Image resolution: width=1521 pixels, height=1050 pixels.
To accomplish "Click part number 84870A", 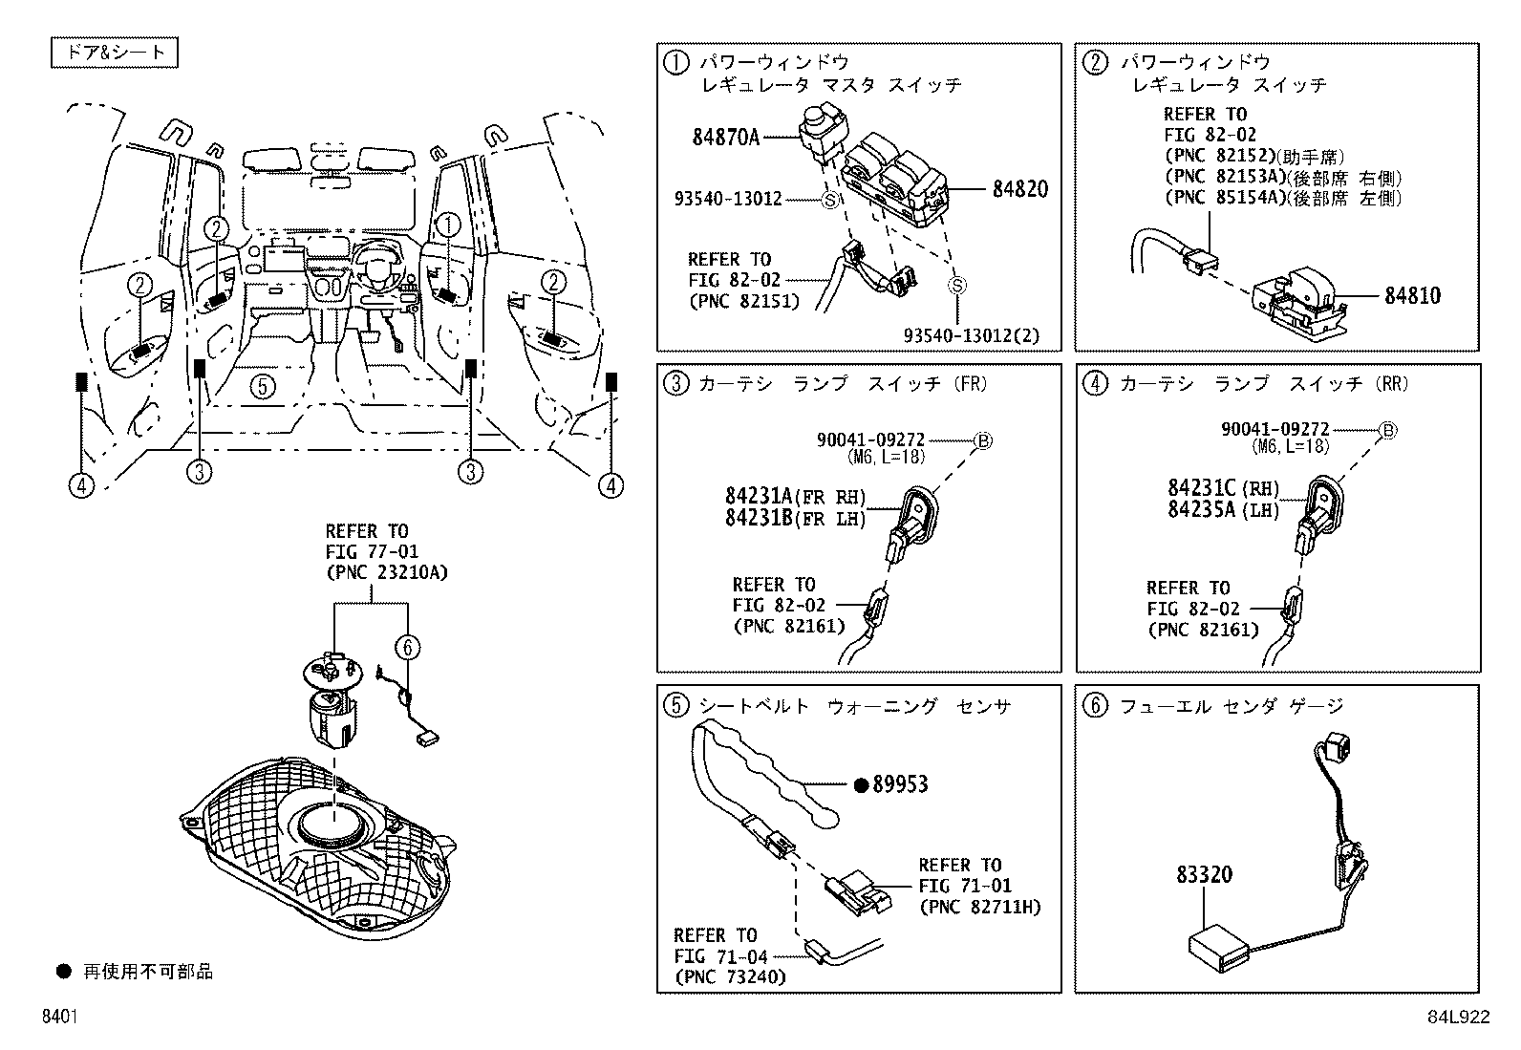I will click(725, 138).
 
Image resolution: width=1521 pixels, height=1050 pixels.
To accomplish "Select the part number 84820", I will click(1019, 189).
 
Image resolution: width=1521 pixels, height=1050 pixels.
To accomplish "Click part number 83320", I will click(1204, 874).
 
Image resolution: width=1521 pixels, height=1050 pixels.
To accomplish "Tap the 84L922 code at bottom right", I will click(1458, 1018).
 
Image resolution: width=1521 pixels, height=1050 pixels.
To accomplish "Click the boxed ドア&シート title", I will click(115, 53).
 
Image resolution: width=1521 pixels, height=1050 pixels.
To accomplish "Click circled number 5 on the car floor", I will click(264, 386).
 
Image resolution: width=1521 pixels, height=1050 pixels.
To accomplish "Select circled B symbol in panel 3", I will click(982, 440).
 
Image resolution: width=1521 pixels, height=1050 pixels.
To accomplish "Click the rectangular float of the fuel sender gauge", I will click(1218, 945).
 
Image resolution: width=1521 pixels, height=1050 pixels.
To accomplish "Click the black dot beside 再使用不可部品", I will click(64, 972).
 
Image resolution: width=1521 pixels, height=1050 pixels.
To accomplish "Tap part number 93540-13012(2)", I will click(971, 335).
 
